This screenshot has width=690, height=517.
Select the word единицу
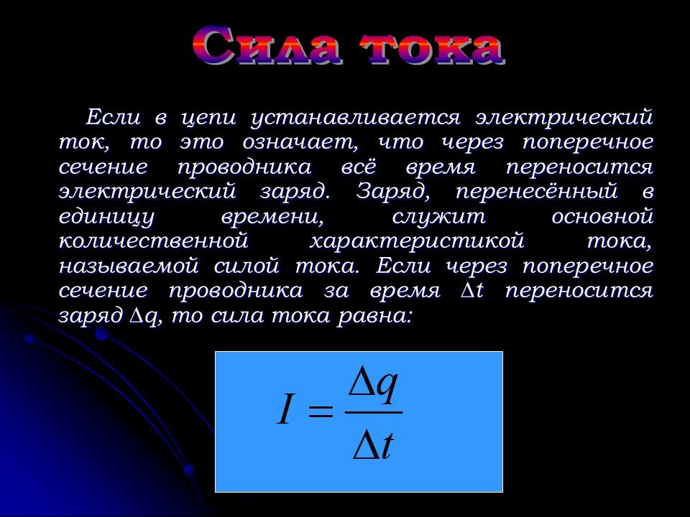click(105, 217)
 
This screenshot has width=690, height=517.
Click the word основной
click(602, 217)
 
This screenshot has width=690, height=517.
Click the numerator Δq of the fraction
click(373, 386)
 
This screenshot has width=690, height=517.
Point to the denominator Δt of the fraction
click(373, 445)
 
